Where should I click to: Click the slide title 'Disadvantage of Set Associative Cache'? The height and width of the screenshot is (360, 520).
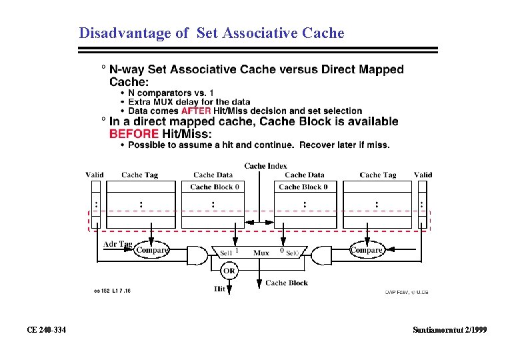click(x=211, y=33)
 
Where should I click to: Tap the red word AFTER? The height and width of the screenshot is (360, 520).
click(x=196, y=111)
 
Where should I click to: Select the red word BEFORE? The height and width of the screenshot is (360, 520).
click(x=135, y=133)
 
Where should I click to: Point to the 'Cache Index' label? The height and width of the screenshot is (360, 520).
click(x=265, y=165)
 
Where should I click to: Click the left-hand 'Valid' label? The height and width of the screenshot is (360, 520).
click(x=95, y=175)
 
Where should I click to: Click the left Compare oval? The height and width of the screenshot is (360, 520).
click(x=151, y=251)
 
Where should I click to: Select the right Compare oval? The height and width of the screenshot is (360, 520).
click(x=367, y=251)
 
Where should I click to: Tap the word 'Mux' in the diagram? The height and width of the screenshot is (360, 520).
click(x=261, y=253)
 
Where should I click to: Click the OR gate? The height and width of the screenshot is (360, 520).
click(x=229, y=271)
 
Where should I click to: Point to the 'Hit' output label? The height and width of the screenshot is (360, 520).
click(x=219, y=289)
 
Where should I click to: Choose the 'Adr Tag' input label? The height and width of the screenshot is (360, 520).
click(x=117, y=244)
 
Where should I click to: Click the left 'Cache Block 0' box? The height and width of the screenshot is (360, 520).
click(x=214, y=187)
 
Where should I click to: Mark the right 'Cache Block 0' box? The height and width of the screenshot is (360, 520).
click(x=303, y=187)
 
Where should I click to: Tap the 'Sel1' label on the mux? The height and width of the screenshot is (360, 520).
click(x=227, y=253)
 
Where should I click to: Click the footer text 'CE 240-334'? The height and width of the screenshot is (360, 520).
click(x=46, y=330)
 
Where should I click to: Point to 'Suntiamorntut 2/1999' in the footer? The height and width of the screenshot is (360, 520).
click(x=450, y=330)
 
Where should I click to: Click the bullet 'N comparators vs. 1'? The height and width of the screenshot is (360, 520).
click(x=171, y=93)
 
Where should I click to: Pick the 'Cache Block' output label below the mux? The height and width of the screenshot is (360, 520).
click(x=287, y=283)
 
